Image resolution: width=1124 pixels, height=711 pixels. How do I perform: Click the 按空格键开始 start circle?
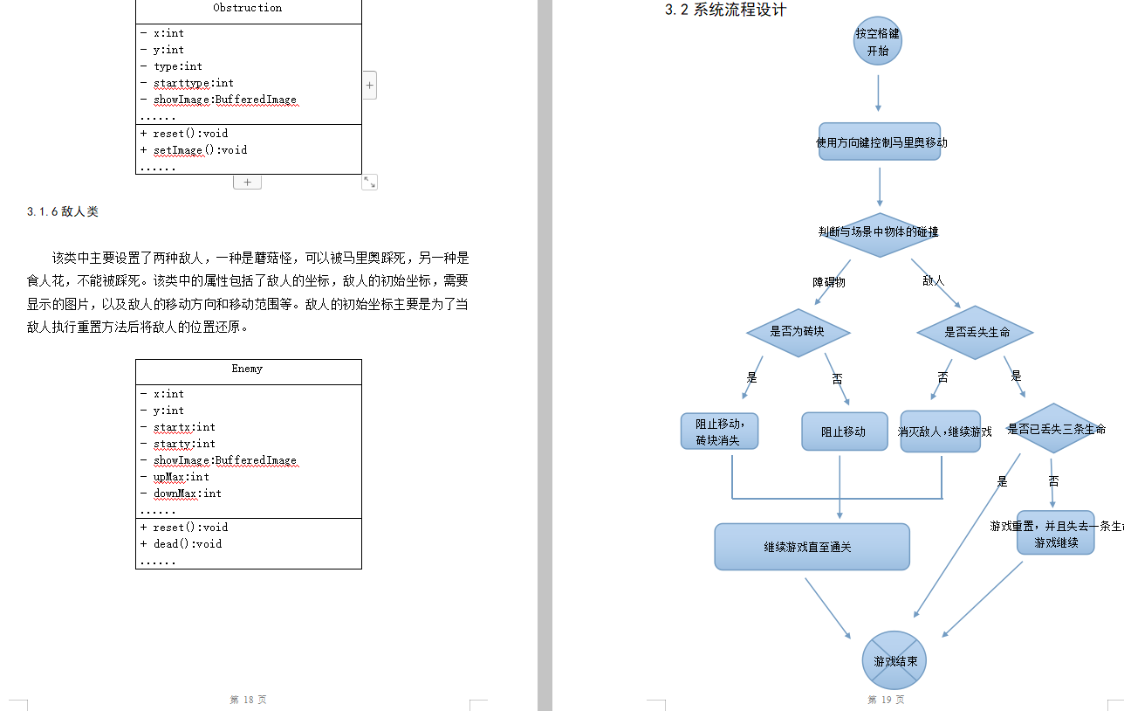pyautogui.click(x=877, y=42)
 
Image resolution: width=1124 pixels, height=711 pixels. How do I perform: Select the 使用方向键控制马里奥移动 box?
pyautogui.click(x=880, y=142)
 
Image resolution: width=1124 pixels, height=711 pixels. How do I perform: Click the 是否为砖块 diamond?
pyautogui.click(x=798, y=332)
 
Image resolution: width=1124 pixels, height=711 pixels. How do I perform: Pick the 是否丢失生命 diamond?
pyautogui.click(x=976, y=332)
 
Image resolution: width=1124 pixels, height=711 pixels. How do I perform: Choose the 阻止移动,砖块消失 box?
pyautogui.click(x=719, y=431)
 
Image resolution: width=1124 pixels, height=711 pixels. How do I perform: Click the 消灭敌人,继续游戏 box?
pyautogui.click(x=941, y=431)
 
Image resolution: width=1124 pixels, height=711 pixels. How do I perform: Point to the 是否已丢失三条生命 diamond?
pyautogui.click(x=1055, y=429)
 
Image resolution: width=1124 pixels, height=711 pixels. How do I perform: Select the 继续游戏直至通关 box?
pyautogui.click(x=812, y=547)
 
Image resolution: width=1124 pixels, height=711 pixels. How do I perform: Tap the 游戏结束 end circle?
pyautogui.click(x=894, y=661)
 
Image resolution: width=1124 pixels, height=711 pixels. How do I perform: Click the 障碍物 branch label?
pyautogui.click(x=829, y=282)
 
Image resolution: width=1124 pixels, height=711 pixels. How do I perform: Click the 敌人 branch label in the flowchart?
pyautogui.click(x=933, y=281)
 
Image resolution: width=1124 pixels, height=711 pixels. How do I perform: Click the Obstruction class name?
pyautogui.click(x=248, y=8)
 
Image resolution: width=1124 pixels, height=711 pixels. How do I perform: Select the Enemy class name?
pyautogui.click(x=248, y=369)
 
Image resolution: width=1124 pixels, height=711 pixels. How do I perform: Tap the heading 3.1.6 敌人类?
pyautogui.click(x=62, y=211)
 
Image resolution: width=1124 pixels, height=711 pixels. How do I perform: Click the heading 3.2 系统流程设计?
pyautogui.click(x=725, y=10)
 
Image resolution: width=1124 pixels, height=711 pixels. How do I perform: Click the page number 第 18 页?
pyautogui.click(x=248, y=700)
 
